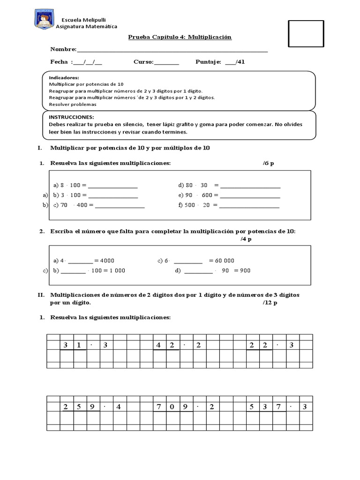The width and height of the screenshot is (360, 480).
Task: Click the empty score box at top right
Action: (306, 34)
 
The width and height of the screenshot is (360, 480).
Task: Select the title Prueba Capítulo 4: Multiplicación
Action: (180, 37)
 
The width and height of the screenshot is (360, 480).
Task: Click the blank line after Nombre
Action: (172, 50)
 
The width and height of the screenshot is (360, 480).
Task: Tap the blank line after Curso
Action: (166, 62)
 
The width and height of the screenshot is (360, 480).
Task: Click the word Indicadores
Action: (64, 78)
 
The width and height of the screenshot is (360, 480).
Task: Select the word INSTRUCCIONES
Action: (71, 117)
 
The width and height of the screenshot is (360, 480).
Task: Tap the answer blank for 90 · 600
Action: (250, 195)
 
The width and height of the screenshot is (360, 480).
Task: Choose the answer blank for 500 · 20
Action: (249, 205)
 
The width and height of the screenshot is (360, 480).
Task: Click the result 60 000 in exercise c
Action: (222, 261)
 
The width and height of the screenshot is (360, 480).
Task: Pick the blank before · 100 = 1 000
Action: (73, 271)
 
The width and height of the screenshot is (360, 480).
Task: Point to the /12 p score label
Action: (270, 303)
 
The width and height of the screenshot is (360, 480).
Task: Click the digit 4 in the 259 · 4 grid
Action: (119, 406)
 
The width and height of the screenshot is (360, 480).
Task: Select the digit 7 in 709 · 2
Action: (159, 406)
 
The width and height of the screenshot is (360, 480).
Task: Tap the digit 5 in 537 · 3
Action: (252, 406)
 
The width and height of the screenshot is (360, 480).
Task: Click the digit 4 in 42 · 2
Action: (159, 345)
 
